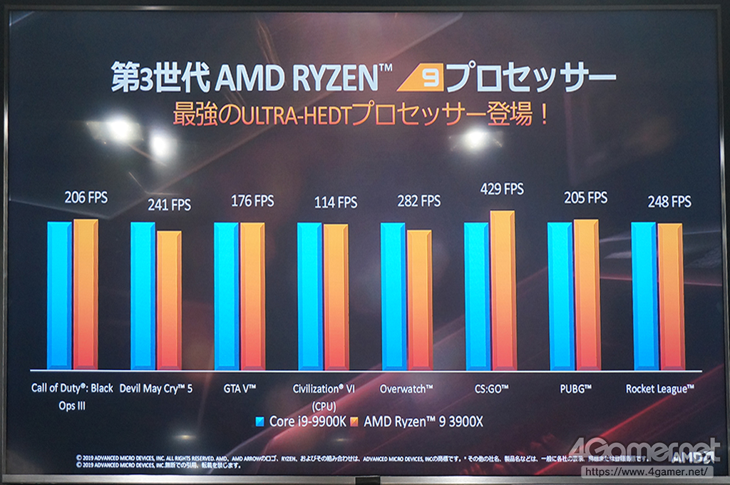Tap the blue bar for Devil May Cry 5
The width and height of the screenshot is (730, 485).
[143, 296]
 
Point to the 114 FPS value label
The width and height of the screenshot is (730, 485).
[336, 203]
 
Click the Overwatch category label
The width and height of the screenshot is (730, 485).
[406, 389]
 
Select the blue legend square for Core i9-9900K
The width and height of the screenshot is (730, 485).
[260, 422]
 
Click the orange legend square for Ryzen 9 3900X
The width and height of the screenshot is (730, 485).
[355, 422]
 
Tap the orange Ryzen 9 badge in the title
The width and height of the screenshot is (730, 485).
[421, 79]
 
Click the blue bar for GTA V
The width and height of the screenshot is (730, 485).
[226, 296]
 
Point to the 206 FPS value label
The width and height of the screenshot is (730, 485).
[86, 197]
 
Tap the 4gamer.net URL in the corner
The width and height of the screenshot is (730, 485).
[647, 471]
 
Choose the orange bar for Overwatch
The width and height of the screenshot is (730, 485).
[419, 300]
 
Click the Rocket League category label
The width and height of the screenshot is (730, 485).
[659, 389]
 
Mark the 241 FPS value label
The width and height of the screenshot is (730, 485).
[169, 205]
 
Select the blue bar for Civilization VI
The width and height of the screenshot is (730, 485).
[309, 296]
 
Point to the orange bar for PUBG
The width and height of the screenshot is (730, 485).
[586, 295]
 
